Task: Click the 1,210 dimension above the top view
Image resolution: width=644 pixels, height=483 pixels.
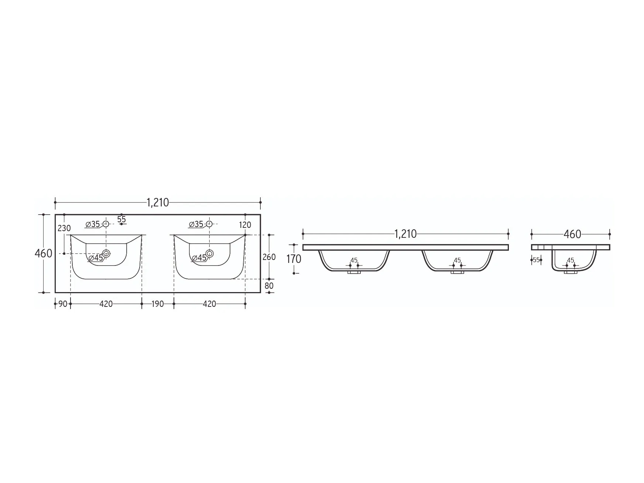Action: pos(158,202)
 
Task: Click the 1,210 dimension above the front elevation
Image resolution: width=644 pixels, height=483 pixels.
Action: pos(405,234)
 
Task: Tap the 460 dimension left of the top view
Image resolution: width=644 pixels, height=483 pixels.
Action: pos(43,254)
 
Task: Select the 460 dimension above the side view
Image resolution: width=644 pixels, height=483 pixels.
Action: pos(572,234)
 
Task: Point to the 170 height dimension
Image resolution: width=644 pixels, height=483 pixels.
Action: pos(294,259)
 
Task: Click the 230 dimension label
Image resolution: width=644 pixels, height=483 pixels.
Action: pos(64,228)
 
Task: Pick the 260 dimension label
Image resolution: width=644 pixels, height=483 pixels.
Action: pos(269,257)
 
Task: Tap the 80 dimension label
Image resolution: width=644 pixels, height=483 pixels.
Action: pos(269,286)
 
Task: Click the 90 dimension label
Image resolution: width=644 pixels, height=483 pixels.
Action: pos(63,304)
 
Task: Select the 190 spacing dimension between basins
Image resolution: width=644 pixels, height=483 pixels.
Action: pos(158,304)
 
